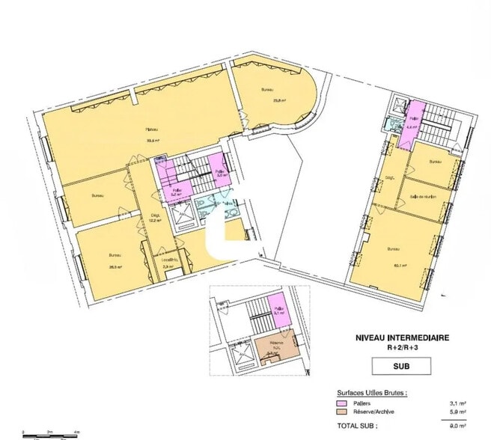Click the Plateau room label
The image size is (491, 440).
click(x=150, y=129)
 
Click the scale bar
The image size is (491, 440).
click(x=49, y=433)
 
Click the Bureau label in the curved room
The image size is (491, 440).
click(x=267, y=90)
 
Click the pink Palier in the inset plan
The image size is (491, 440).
click(x=278, y=311)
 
